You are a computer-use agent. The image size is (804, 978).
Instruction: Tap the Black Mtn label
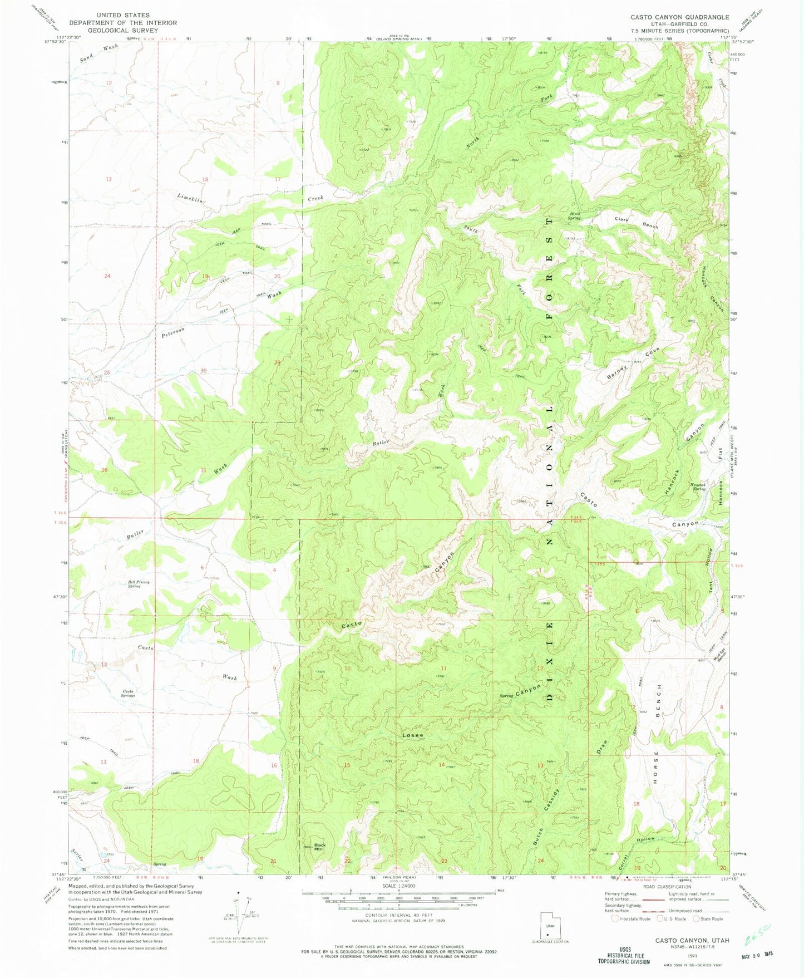click(x=319, y=847)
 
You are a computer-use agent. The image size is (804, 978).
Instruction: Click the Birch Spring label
click(x=574, y=216)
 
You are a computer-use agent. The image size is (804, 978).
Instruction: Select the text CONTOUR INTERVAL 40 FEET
click(x=398, y=915)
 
